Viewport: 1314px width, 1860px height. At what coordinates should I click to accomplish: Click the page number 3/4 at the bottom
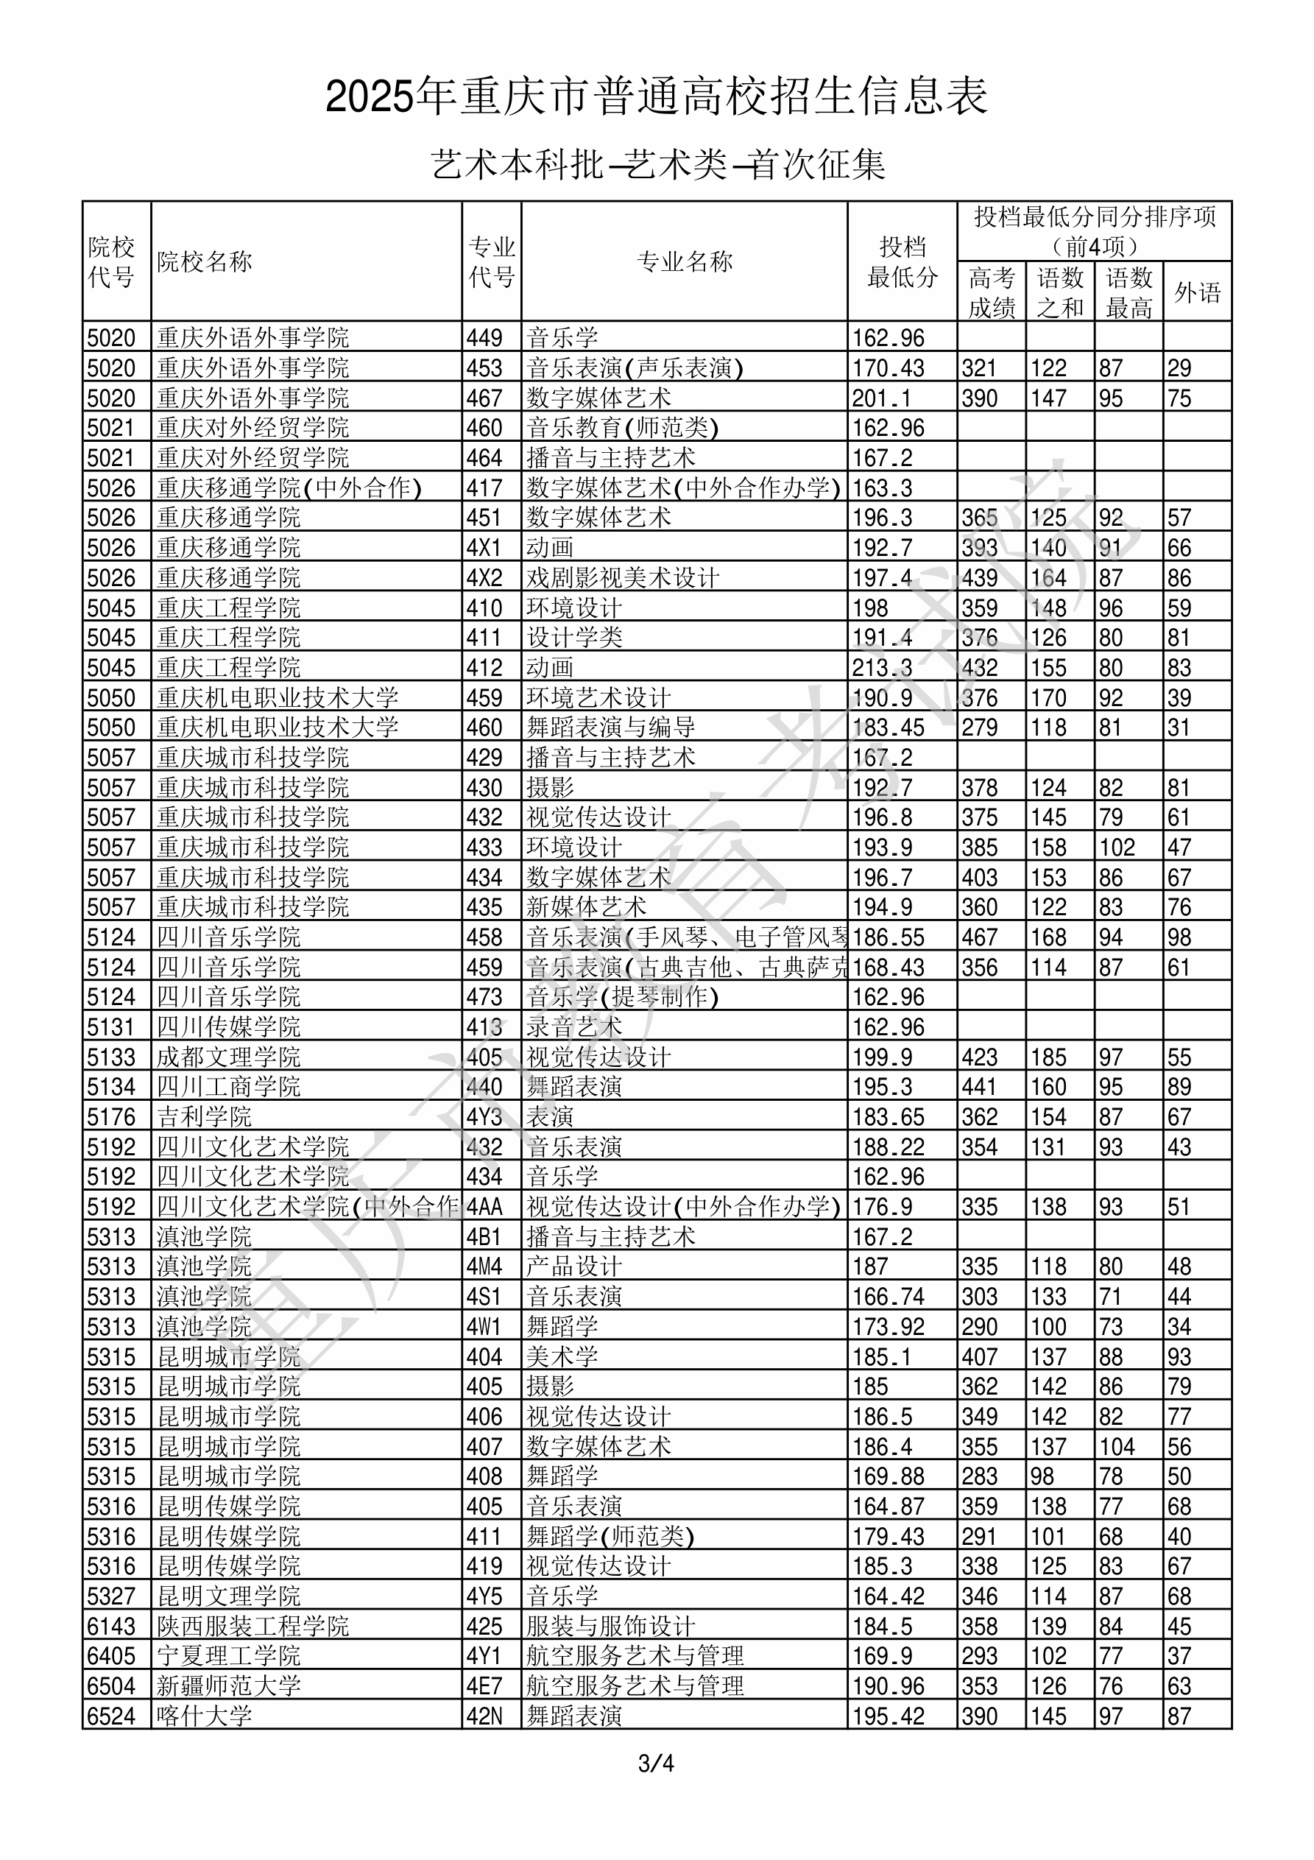(656, 1763)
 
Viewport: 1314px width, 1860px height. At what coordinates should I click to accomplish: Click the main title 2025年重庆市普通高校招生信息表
(656, 97)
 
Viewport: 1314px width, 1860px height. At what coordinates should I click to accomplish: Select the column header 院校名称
(205, 261)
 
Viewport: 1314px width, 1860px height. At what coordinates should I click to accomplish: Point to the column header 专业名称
(685, 261)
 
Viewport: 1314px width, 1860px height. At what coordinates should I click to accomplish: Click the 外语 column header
(1198, 292)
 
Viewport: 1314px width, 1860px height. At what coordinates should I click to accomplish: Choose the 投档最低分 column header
(902, 261)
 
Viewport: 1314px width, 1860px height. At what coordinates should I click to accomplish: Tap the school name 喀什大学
(204, 1715)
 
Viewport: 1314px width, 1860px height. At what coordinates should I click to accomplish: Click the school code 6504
(111, 1685)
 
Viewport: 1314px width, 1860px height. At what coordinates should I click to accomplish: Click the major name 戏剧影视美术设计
(622, 577)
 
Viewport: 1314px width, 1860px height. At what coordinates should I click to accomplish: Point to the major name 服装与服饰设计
(610, 1625)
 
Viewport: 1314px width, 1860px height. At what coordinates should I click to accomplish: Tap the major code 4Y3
(484, 1116)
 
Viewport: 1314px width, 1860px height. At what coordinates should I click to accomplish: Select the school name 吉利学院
(204, 1116)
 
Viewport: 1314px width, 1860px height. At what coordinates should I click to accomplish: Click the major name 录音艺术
(574, 1026)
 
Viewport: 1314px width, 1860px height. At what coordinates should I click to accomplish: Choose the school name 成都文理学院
(228, 1057)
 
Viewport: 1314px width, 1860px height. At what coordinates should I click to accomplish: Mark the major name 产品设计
(574, 1267)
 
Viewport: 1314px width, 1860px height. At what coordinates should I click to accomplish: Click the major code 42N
(484, 1715)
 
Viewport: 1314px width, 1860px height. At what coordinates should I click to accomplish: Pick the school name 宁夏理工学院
(228, 1655)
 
